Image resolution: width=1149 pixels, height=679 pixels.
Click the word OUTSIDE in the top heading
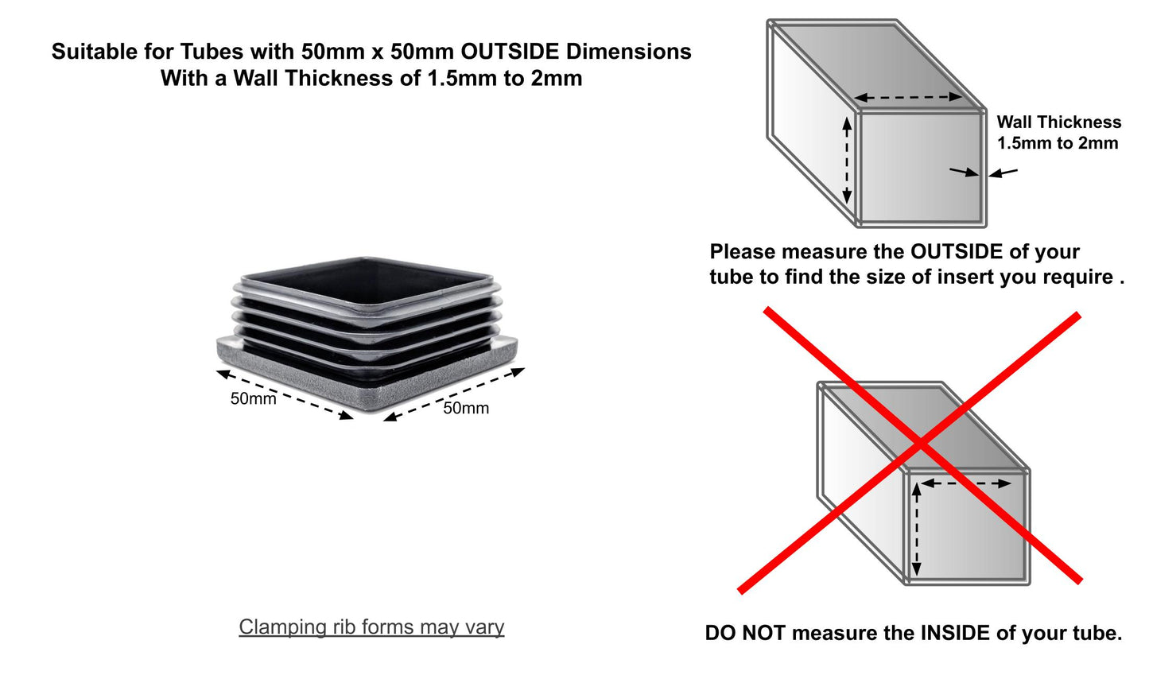click(510, 52)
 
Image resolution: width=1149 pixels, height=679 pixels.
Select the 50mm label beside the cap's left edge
click(253, 398)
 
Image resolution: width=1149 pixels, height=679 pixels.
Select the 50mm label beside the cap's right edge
click(466, 408)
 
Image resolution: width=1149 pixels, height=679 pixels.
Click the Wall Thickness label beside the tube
click(1058, 122)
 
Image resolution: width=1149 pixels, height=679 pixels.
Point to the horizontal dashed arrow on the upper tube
click(908, 96)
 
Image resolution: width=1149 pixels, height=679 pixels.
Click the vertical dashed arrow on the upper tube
click(847, 160)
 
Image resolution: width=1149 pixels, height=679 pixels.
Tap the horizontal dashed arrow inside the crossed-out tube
click(966, 483)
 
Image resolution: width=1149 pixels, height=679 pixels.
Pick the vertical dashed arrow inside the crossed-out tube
click(917, 530)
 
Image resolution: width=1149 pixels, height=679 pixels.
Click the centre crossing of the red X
click(922, 444)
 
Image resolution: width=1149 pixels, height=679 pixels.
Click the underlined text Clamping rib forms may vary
click(371, 627)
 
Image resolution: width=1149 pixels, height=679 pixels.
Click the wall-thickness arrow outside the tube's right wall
click(1003, 173)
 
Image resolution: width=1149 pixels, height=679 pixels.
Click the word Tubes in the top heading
click(212, 52)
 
